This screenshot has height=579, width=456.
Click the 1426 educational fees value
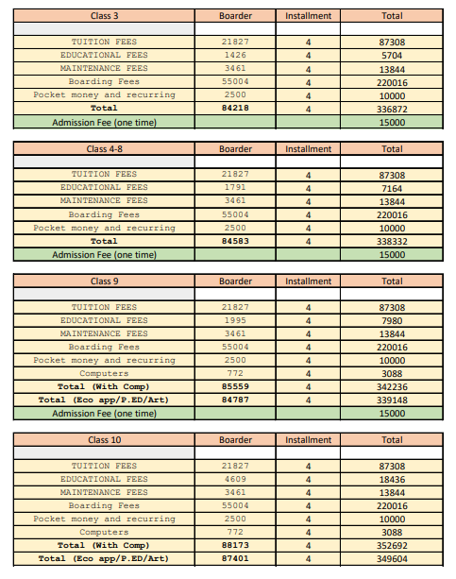pos(235,56)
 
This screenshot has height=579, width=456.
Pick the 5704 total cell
pos(391,56)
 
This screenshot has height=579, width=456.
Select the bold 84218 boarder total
pos(235,109)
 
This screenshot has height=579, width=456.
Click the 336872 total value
pos(391,109)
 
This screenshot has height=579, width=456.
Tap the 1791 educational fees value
pos(235,188)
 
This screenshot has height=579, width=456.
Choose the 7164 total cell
pos(391,188)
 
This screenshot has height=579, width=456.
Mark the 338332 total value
pos(391,241)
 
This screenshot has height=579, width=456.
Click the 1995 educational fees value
pos(235,321)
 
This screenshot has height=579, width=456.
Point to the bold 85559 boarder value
pos(235,387)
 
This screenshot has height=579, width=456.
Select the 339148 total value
pos(391,400)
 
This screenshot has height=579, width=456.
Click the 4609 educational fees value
pos(235,480)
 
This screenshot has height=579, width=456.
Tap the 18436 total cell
pos(391,480)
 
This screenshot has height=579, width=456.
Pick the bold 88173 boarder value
pos(235,546)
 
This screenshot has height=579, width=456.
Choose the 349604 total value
pos(391,559)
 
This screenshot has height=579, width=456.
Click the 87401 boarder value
pos(235,559)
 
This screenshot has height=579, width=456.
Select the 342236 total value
pos(391,387)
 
